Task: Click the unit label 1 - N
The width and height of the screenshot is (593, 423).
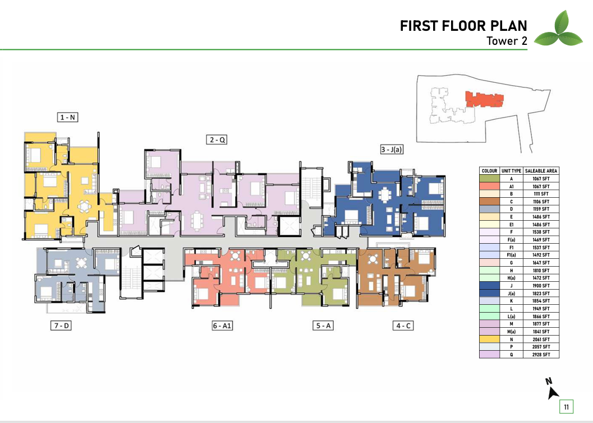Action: tap(68, 117)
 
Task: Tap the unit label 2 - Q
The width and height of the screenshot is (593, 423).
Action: tap(217, 140)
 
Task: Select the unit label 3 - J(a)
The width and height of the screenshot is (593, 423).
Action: tap(392, 150)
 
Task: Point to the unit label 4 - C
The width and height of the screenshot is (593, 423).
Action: tap(403, 326)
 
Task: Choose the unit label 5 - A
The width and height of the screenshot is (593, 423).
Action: tap(323, 326)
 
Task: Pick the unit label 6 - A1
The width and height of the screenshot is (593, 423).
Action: tap(222, 326)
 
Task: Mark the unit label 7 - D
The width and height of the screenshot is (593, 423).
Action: tap(61, 326)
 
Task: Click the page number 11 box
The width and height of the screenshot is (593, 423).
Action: tap(566, 407)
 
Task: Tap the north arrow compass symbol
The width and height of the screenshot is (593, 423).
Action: tap(552, 389)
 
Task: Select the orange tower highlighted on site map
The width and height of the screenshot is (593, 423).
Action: tap(485, 99)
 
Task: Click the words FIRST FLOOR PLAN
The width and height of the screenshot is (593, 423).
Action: tap(463, 26)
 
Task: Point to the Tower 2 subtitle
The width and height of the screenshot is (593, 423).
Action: tap(507, 41)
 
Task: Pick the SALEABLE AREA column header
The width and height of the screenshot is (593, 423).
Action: tap(541, 171)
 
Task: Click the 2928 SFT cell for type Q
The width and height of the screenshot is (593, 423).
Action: tap(541, 355)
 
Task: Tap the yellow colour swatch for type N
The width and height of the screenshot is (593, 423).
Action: tap(489, 340)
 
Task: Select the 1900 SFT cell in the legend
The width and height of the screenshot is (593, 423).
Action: tap(541, 286)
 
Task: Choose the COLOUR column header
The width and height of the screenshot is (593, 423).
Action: tap(489, 171)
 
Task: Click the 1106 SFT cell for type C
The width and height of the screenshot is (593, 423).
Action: tap(541, 202)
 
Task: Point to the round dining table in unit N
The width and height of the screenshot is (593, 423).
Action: tap(84, 206)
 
